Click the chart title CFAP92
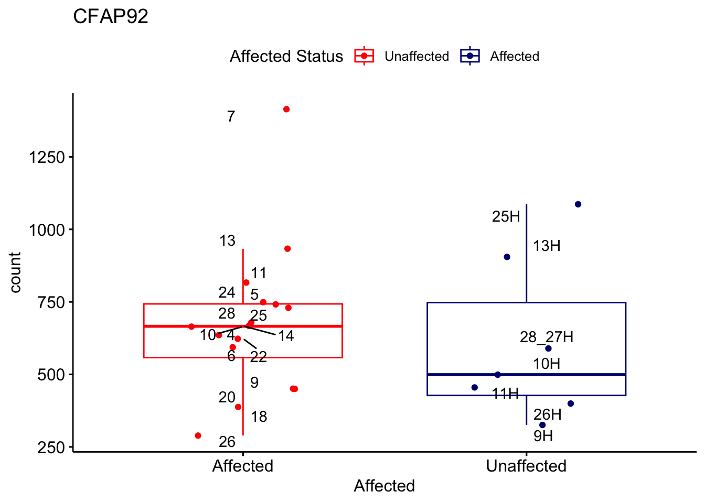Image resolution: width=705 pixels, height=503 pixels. click(x=111, y=17)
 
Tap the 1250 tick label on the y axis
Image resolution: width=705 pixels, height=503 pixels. click(x=47, y=157)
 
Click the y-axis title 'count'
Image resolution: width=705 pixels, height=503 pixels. click(x=15, y=272)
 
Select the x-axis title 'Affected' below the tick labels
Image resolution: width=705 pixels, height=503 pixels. click(x=384, y=486)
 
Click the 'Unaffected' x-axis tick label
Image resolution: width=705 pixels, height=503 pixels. click(x=526, y=466)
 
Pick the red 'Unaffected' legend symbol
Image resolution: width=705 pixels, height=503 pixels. click(x=364, y=56)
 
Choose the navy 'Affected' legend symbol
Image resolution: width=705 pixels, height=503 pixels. click(x=470, y=56)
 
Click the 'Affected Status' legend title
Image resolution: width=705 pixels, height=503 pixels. click(x=286, y=56)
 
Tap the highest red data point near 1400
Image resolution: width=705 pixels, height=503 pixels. click(x=286, y=110)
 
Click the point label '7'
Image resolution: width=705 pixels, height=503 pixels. click(x=231, y=117)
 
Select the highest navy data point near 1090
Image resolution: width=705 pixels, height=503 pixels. click(x=578, y=204)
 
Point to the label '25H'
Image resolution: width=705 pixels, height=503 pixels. click(x=506, y=216)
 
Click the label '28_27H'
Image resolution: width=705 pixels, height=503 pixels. click(x=547, y=337)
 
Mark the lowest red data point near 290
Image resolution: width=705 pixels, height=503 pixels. click(x=198, y=435)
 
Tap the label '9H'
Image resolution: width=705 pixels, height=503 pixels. click(x=543, y=436)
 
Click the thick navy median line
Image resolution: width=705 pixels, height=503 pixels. click(x=577, y=375)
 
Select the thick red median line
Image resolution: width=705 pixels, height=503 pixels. click(x=304, y=326)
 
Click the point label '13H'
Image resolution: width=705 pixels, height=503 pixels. click(x=547, y=246)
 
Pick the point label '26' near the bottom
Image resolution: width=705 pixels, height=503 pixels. click(x=227, y=442)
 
